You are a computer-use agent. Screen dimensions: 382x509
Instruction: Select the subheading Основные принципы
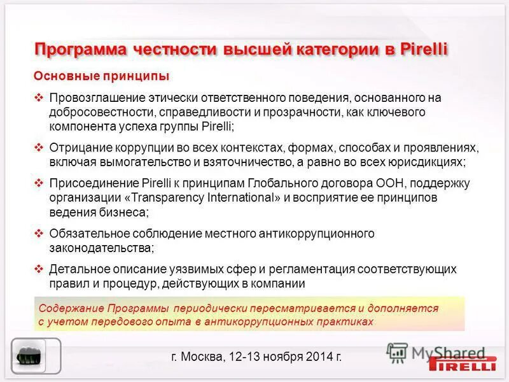coord(101,76)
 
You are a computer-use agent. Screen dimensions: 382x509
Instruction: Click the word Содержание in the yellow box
coord(66,308)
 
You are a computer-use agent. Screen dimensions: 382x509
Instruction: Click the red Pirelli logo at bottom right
coord(463,364)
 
